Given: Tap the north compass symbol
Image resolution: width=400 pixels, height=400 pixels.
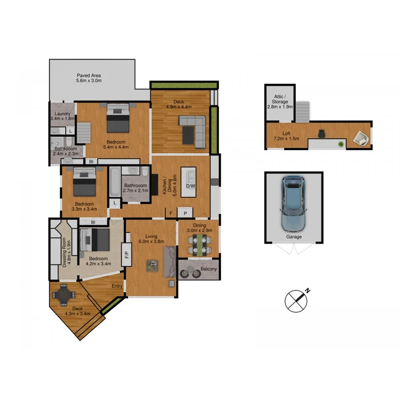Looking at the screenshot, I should (x=296, y=301).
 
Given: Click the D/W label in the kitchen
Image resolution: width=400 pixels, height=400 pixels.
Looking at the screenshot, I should (x=191, y=186).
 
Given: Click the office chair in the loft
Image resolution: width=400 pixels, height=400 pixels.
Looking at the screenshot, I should (x=321, y=133).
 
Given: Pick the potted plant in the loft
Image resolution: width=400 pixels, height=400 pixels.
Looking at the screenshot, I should (x=341, y=143).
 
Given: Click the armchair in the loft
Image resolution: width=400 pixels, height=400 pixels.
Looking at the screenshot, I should (x=360, y=139).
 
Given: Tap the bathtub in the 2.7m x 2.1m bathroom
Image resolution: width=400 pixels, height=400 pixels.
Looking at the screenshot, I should (x=114, y=183).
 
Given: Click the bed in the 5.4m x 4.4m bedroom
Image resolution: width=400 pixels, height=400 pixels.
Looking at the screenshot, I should (x=118, y=118).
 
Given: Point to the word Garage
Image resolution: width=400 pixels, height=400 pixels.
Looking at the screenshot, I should (x=293, y=237).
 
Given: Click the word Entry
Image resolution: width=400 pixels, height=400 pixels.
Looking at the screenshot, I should (x=117, y=286).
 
